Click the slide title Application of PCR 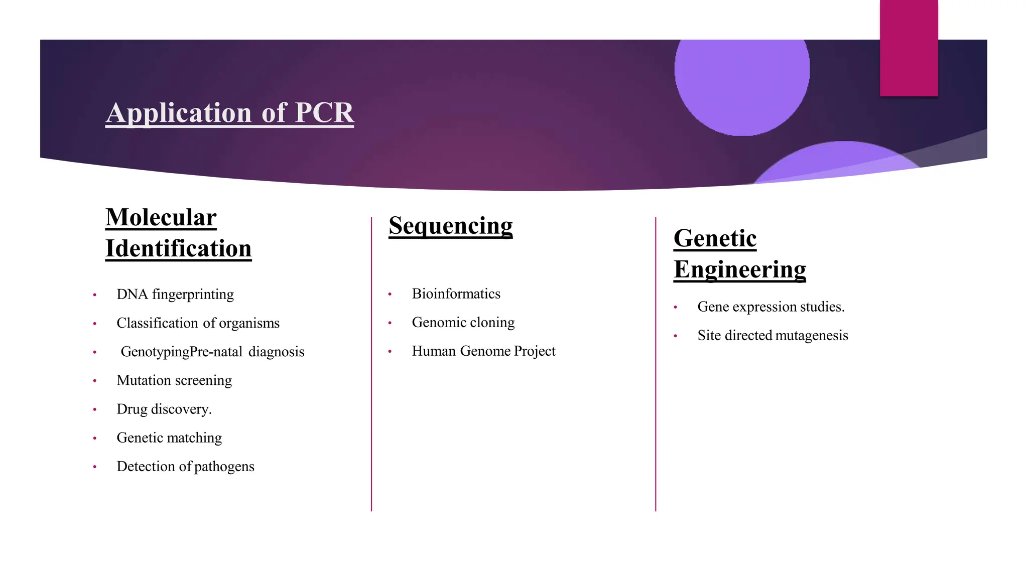click(229, 113)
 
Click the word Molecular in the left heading click(161, 218)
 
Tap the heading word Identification click(178, 249)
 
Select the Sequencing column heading click(450, 226)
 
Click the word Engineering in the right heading click(739, 270)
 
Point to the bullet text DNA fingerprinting click(175, 295)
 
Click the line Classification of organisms click(198, 323)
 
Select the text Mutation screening click(174, 380)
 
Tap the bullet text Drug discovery click(164, 409)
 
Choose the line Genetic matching click(169, 438)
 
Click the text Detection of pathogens click(185, 467)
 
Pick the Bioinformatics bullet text click(456, 294)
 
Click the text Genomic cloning click(463, 323)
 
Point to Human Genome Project click(483, 351)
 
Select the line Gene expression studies click(770, 307)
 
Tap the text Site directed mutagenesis click(773, 336)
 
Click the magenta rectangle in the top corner click(909, 48)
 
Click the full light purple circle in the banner click(741, 75)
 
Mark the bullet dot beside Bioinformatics click(390, 295)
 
